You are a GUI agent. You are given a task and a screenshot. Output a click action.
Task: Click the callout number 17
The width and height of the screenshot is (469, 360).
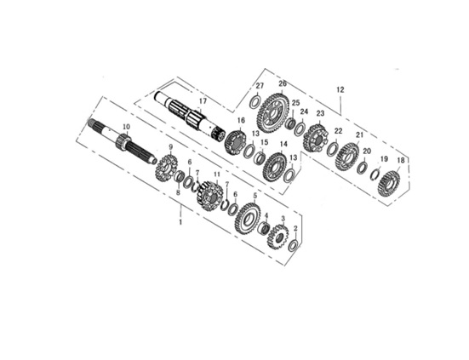(x=203, y=101)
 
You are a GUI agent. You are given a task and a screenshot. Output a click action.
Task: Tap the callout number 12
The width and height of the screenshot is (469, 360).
(x=340, y=89)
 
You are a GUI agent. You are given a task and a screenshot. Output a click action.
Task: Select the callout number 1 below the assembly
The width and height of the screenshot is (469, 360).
(x=180, y=222)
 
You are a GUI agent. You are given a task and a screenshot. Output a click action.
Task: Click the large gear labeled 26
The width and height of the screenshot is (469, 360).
(x=272, y=112)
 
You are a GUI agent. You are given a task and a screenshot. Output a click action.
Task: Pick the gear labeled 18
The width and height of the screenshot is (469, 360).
(x=389, y=184)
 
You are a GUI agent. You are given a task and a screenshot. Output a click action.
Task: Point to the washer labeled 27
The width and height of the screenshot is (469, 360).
(x=255, y=102)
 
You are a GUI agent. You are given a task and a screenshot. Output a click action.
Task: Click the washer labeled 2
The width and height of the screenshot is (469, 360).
(x=293, y=245)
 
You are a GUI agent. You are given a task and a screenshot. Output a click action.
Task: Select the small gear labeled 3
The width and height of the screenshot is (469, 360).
(x=277, y=237)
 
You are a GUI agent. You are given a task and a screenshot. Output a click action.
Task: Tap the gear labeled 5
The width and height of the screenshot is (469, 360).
(x=248, y=219)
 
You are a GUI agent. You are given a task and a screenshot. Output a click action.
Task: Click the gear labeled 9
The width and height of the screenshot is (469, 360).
(x=166, y=170)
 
